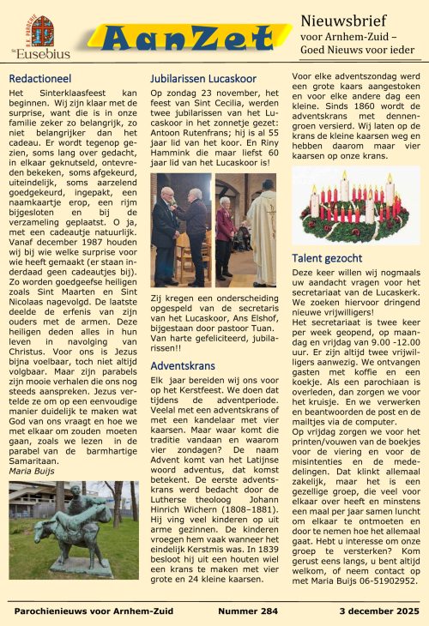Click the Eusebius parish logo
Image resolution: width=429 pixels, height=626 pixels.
[37, 35]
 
